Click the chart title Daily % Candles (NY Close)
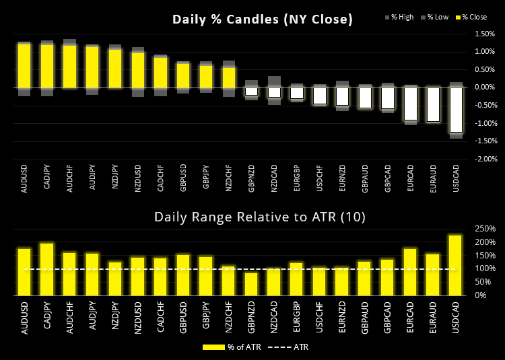[263, 19]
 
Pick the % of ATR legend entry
[228, 347]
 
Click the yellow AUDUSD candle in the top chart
[24, 66]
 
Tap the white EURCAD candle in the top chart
[410, 104]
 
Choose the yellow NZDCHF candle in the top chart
[229, 77]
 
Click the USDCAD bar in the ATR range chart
[455, 264]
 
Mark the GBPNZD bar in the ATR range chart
[251, 283]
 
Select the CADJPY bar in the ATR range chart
[47, 269]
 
